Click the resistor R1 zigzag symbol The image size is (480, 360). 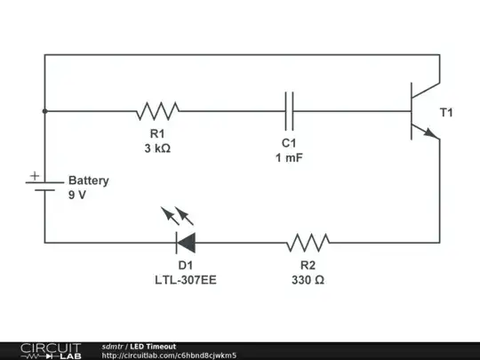point(157,111)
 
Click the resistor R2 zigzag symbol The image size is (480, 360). point(308,242)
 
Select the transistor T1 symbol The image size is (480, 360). point(419,111)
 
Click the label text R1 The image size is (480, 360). point(157,134)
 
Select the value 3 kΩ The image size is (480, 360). point(157,148)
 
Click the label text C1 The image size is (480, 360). point(289,143)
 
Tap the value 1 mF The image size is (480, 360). point(289,157)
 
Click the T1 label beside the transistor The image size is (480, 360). point(447,113)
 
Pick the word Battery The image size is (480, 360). point(89,180)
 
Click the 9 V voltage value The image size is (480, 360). point(77,196)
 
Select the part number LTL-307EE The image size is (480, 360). point(185,279)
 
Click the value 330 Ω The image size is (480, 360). point(308,279)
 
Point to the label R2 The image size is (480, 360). point(308,265)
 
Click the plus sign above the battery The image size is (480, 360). point(34,176)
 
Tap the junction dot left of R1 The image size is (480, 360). point(44,111)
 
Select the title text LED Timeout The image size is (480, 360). point(154,346)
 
